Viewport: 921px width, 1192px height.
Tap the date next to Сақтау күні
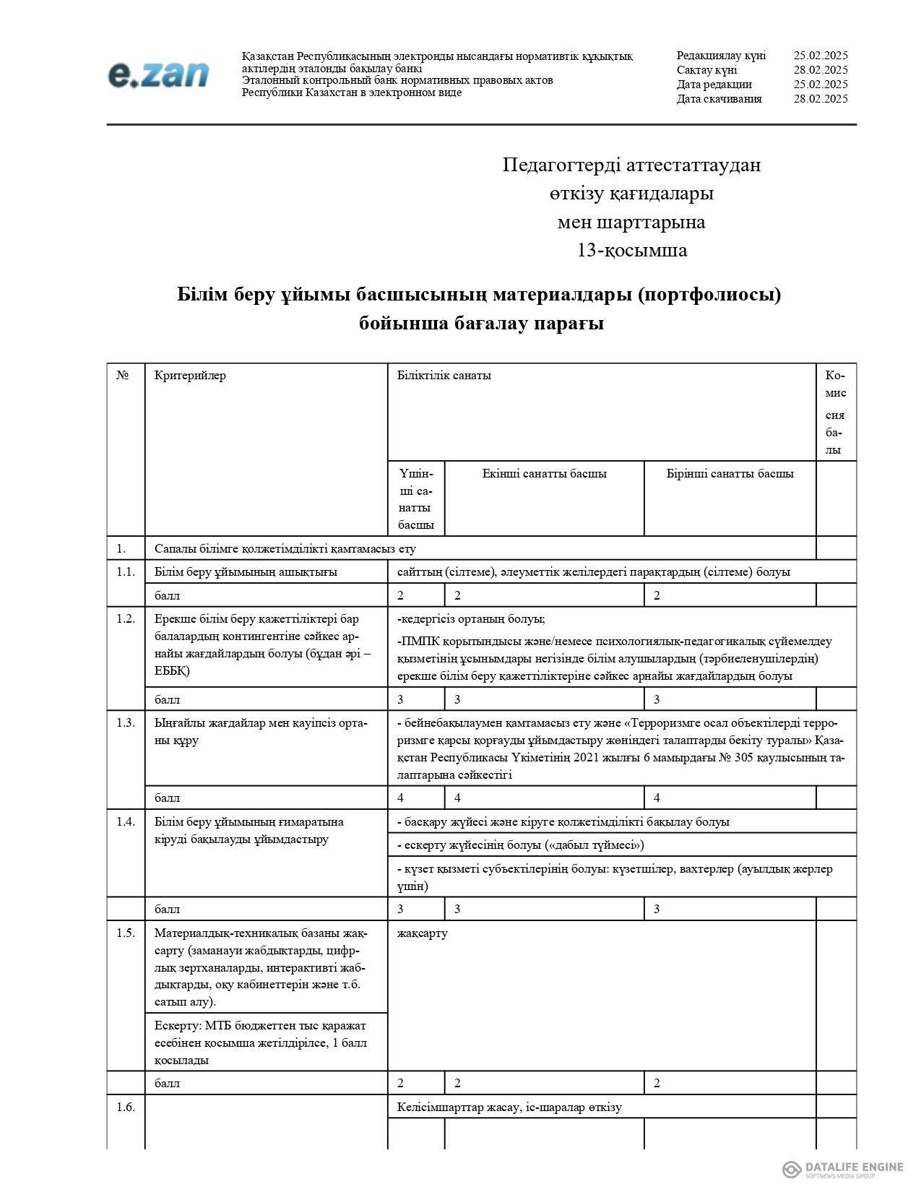pyautogui.click(x=820, y=70)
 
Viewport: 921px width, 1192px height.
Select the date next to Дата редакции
pyautogui.click(x=820, y=85)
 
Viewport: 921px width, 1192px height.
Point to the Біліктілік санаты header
pyautogui.click(x=444, y=376)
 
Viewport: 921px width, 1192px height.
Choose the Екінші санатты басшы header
pyautogui.click(x=544, y=474)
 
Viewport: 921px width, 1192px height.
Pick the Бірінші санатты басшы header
pyautogui.click(x=730, y=474)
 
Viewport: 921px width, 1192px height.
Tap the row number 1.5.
pyautogui.click(x=126, y=933)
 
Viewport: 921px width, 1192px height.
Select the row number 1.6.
pyautogui.click(x=126, y=1107)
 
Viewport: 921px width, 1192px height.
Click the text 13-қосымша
pyautogui.click(x=631, y=251)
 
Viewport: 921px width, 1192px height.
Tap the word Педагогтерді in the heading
pyautogui.click(x=551, y=165)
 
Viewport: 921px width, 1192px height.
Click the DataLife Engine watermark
pyautogui.click(x=842, y=1169)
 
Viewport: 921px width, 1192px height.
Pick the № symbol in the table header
pyautogui.click(x=123, y=376)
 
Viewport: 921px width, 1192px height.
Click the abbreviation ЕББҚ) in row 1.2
pyautogui.click(x=172, y=671)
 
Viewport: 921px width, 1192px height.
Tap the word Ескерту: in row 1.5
pyautogui.click(x=178, y=1026)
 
